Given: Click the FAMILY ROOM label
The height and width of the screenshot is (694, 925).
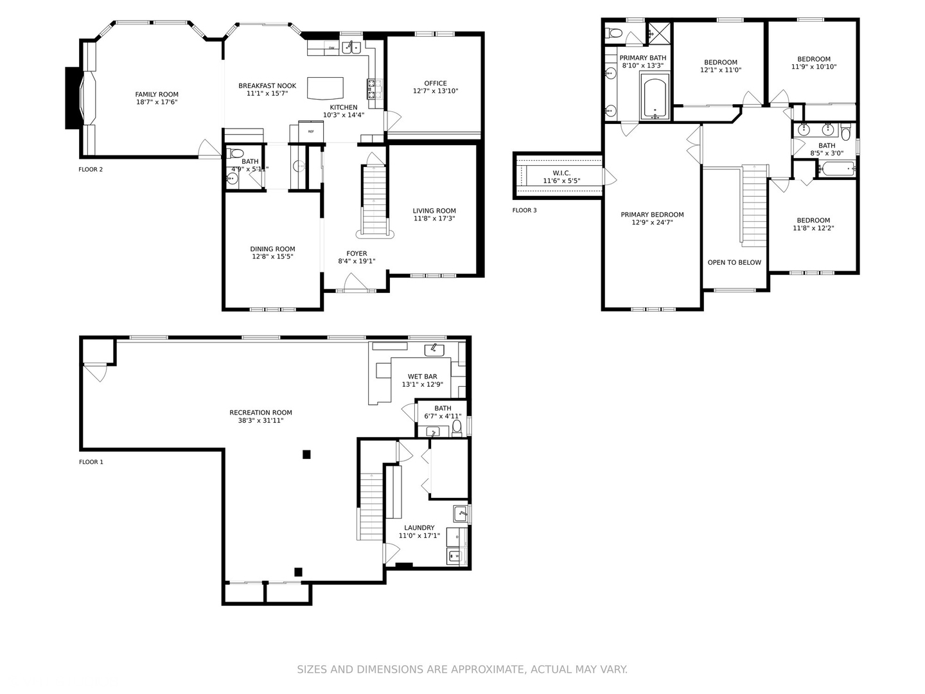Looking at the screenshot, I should [x=157, y=94].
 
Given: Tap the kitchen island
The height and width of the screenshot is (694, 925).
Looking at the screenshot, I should [x=326, y=88].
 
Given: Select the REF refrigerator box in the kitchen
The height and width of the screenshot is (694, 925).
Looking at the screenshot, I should [x=311, y=131].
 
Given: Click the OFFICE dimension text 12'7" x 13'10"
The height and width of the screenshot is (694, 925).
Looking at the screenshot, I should [x=436, y=91].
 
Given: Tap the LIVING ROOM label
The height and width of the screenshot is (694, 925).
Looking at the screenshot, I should [x=434, y=211].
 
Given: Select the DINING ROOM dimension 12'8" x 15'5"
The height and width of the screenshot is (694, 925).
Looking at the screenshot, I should [x=272, y=257].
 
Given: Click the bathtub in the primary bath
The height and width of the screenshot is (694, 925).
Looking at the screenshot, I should [x=655, y=96].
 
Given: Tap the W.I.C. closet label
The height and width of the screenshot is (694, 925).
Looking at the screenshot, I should [x=561, y=173].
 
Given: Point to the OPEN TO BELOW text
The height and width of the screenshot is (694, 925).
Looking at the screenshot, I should [x=734, y=262].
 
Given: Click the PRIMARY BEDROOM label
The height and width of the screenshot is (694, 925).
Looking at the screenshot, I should [x=652, y=215].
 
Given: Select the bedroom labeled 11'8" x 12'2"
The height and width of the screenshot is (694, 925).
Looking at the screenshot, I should [x=813, y=224].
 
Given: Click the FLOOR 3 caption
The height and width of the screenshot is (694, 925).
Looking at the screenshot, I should [x=524, y=210].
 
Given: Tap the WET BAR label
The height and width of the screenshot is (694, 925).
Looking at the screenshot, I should [x=422, y=377].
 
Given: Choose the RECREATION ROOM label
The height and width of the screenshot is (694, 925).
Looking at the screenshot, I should [x=261, y=413].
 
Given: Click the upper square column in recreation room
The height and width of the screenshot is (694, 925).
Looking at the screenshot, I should [x=306, y=454].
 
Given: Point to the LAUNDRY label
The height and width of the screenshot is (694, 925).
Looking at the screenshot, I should [x=419, y=528].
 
